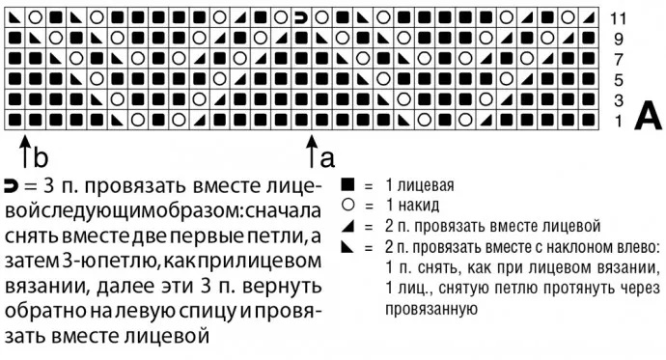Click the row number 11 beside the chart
point(619,16)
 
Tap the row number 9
point(619,39)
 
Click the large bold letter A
point(648,117)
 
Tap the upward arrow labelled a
point(312,152)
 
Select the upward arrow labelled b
point(22,152)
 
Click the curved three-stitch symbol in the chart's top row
point(300,17)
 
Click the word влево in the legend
point(633,247)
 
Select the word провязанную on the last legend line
point(431,310)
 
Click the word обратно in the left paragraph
point(41,311)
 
